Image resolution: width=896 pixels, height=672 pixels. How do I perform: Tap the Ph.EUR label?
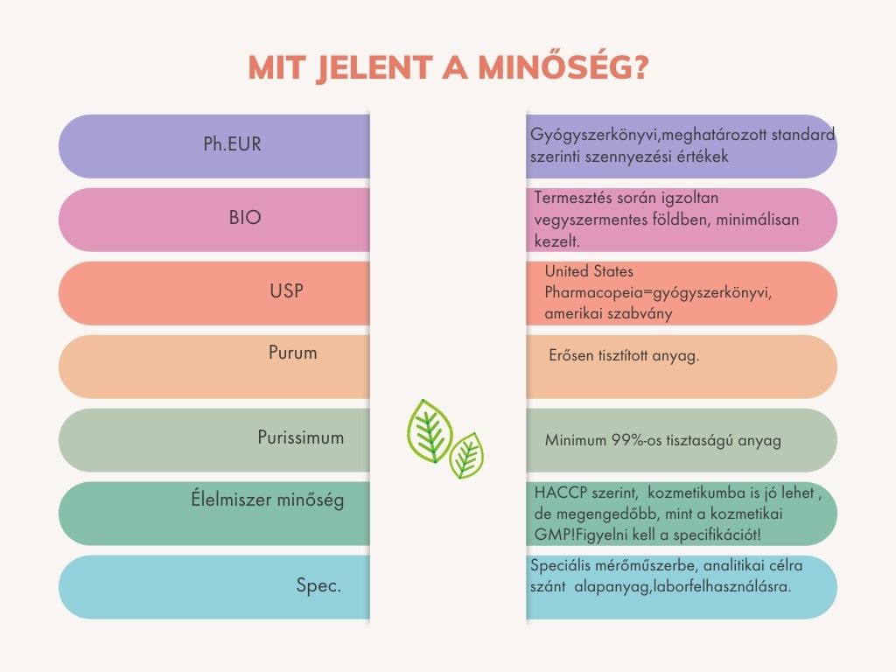tap(233, 144)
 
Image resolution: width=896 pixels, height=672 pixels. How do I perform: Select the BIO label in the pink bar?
tap(245, 218)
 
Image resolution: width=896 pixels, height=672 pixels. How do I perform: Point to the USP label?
tap(287, 290)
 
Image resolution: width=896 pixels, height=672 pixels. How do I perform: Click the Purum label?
tap(293, 353)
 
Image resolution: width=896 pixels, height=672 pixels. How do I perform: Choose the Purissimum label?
tap(301, 437)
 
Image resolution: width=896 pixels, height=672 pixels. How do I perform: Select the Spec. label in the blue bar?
tap(318, 585)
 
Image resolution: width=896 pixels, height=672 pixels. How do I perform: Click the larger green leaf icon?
tap(430, 430)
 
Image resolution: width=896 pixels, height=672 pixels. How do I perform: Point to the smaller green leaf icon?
tap(466, 455)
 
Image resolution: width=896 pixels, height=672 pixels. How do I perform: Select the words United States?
tap(589, 272)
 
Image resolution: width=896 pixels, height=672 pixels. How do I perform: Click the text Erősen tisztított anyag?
tap(622, 356)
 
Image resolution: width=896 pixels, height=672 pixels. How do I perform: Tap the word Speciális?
tap(564, 566)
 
